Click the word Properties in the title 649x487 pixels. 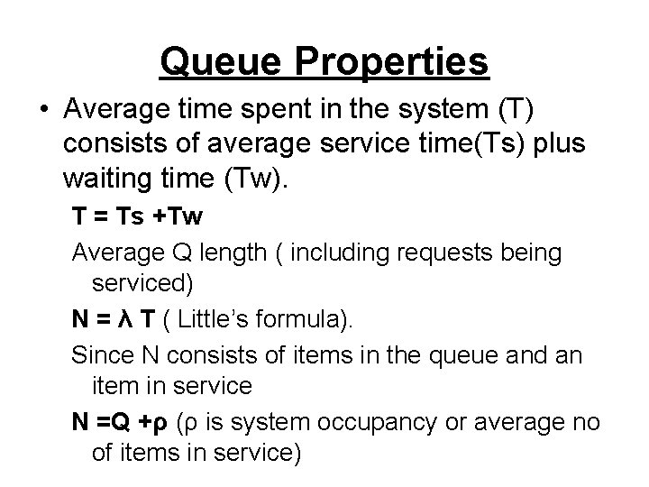point(397,62)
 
